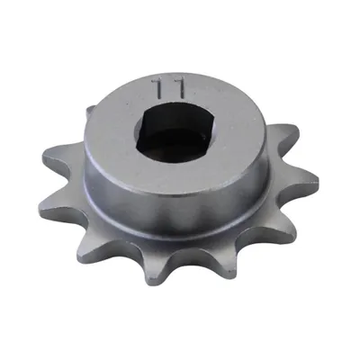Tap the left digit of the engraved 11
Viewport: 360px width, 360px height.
point(159,87)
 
